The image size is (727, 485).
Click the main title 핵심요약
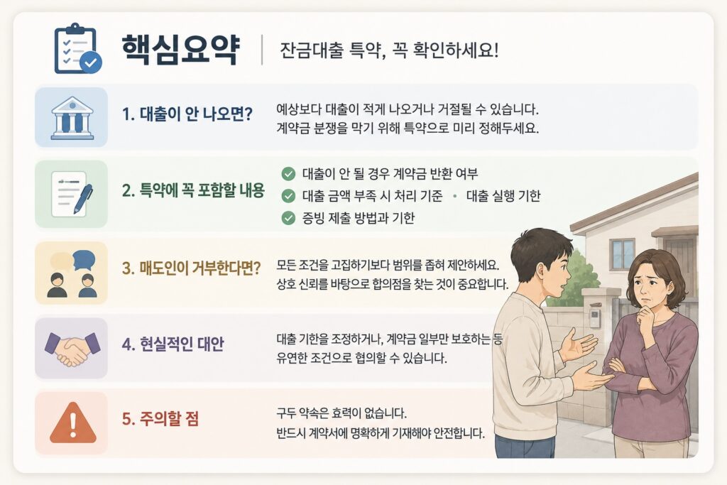coord(180,49)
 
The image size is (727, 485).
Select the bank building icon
coord(72,118)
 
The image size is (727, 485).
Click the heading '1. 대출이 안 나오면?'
coord(187,114)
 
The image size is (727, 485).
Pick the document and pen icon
coord(72,193)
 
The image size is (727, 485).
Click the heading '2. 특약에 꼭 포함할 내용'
coord(193,190)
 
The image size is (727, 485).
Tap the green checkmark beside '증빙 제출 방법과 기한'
coord(288,218)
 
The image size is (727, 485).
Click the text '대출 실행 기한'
coord(503,196)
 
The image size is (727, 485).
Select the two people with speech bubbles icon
coord(72,273)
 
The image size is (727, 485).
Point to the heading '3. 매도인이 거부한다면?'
coord(192,268)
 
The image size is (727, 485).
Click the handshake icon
coord(72,349)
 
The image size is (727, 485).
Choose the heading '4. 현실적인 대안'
coord(173,344)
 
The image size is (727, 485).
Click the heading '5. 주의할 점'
coord(160,419)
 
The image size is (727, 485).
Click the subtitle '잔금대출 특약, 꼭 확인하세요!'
coord(389,50)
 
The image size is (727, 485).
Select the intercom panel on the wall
coord(595,317)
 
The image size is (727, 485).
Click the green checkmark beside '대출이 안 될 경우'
coord(288,174)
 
